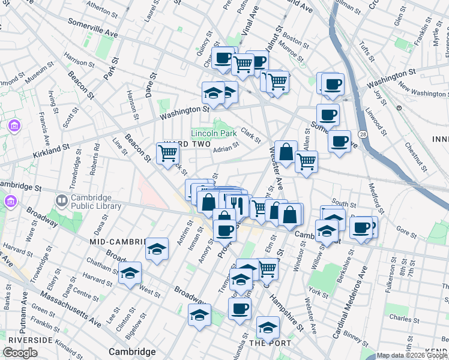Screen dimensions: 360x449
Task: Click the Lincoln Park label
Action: (213, 133)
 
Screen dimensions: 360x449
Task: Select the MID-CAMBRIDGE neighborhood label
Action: (118, 241)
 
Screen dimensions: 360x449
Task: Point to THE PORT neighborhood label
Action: (270, 343)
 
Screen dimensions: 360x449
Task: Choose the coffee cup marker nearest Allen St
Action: (340, 142)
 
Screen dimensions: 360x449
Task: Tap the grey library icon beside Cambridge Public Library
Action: (61, 199)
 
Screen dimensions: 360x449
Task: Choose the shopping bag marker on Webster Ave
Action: (287, 154)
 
